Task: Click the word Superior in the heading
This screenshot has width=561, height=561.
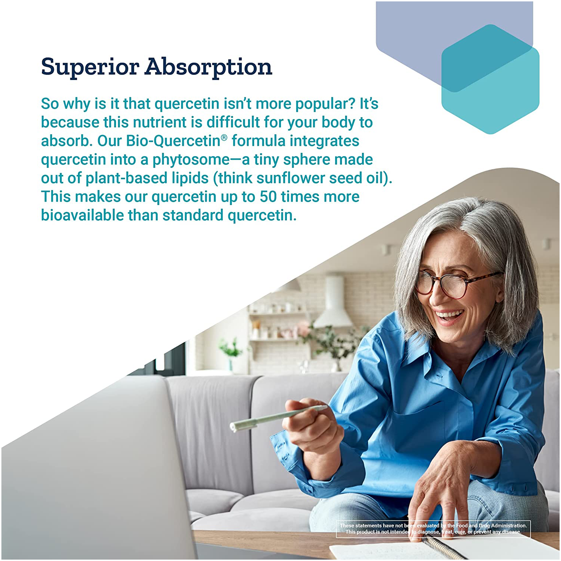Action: click(90, 67)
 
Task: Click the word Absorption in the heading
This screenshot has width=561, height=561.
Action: click(209, 67)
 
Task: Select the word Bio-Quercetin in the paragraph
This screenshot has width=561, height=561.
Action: click(173, 141)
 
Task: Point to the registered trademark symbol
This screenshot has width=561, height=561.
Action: click(224, 137)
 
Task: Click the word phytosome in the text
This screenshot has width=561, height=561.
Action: click(191, 160)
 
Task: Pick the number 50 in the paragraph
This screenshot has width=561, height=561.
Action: click(268, 197)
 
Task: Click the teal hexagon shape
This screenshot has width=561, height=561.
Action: click(490, 79)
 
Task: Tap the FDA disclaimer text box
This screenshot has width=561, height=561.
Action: click(433, 529)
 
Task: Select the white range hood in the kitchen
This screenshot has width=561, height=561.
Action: click(333, 302)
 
